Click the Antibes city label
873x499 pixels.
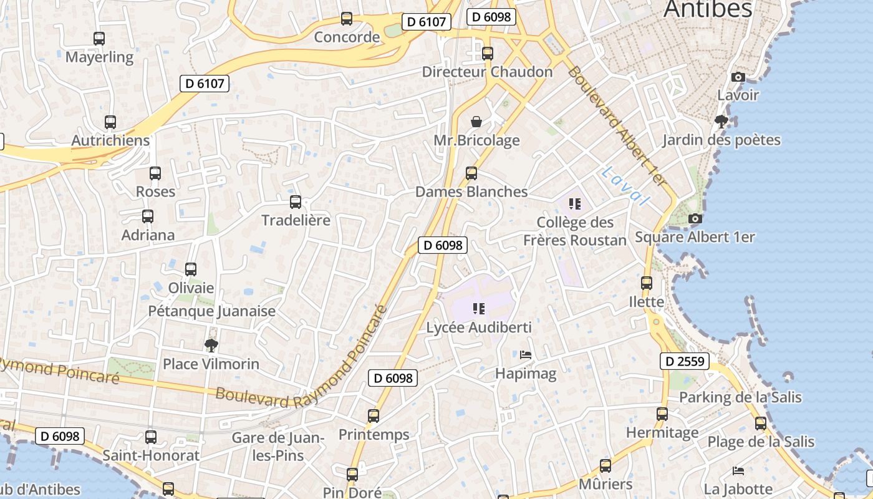pos(708,9)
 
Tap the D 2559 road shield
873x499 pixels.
pos(685,361)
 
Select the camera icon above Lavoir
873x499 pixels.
pos(738,77)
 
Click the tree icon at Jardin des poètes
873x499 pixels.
pos(721,121)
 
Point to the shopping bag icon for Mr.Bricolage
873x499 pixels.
pos(476,121)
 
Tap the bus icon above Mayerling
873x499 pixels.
pos(99,38)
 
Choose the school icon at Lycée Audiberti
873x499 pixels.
pos(479,308)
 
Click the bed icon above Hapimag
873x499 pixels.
pos(526,355)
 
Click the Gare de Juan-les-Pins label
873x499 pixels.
pos(277,447)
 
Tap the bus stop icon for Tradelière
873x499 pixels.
pos(296,202)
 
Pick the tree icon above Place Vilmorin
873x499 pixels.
pos(211,345)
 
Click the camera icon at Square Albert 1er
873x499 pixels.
pos(695,218)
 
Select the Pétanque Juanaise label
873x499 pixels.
pos(212,311)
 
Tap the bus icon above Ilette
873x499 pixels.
pos(647,283)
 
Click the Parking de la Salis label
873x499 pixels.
pos(740,397)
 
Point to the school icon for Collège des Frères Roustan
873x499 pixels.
pos(575,203)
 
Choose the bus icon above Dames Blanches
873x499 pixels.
pos(471,173)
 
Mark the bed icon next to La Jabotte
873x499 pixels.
pos(738,470)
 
